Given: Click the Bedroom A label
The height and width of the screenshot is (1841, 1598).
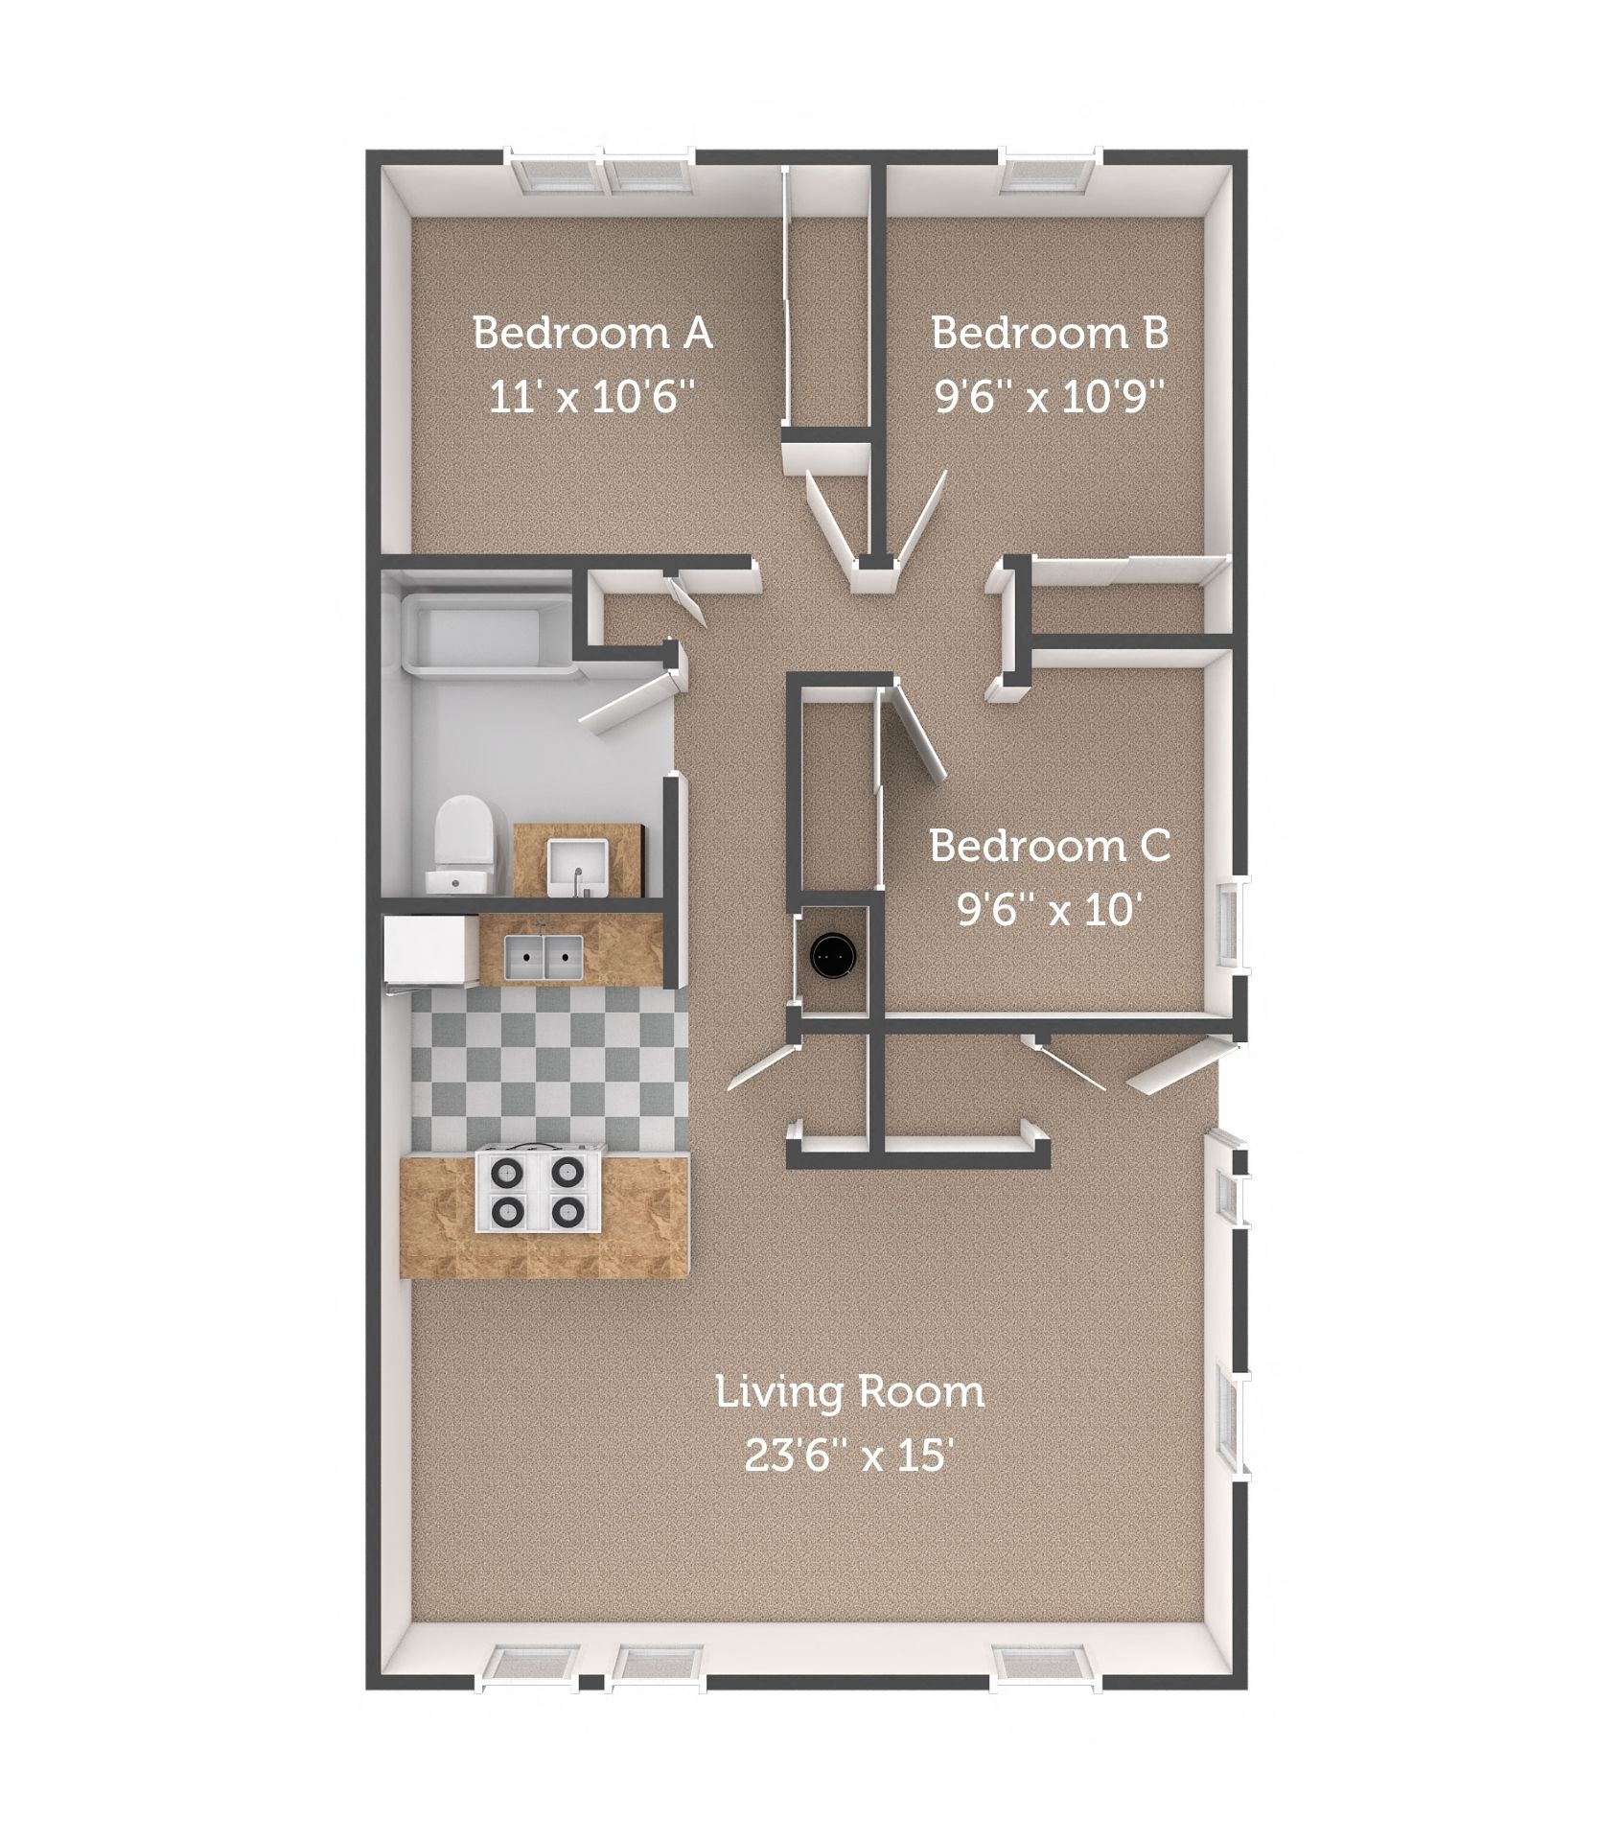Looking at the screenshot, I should click(x=591, y=334).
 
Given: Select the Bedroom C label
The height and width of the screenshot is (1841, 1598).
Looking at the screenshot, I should click(x=1050, y=847).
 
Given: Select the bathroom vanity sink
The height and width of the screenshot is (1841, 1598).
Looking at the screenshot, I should click(x=575, y=863).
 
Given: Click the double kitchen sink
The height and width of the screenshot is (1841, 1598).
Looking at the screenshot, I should click(x=544, y=954).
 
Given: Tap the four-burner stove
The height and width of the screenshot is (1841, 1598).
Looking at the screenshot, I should click(x=537, y=1192).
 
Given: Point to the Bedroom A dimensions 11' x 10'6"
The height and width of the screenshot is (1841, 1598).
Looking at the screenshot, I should click(x=591, y=395).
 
